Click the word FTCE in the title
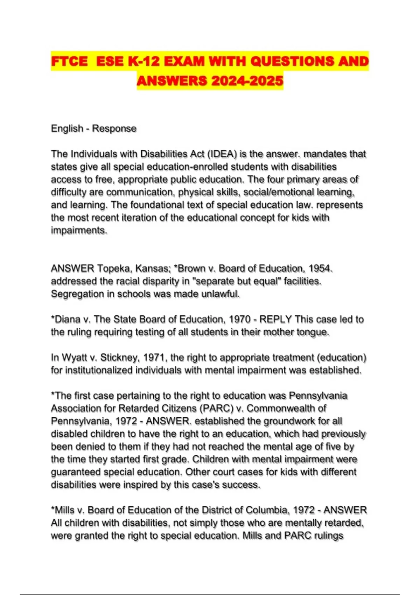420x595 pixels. tap(69, 62)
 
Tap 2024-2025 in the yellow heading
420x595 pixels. tap(247, 81)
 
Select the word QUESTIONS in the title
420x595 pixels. tap(292, 62)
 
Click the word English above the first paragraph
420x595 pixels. tap(67, 128)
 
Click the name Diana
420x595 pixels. tap(66, 320)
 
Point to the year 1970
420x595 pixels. tap(239, 320)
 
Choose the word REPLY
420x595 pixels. tap(276, 320)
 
